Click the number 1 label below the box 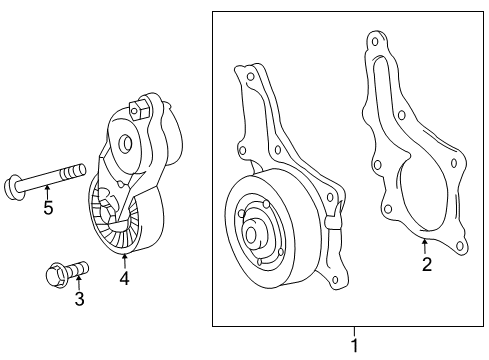tap(353, 346)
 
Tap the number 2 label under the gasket tap(426, 264)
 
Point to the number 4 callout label tap(124, 279)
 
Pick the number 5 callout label tap(46, 208)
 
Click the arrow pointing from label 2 tap(425, 246)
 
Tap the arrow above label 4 tap(124, 261)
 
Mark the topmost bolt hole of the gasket tap(375, 42)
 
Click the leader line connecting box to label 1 tap(353, 333)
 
